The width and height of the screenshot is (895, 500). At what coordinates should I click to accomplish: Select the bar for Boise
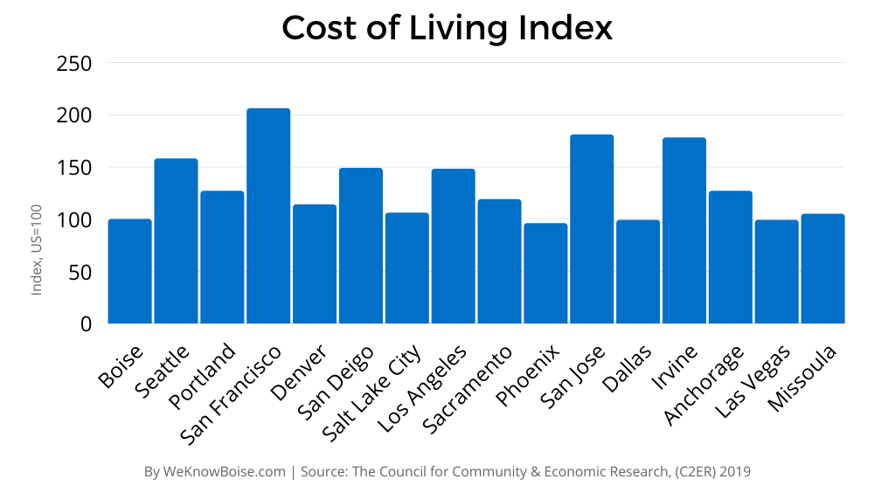click(x=130, y=271)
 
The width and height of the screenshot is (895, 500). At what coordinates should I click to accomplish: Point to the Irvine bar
click(x=684, y=231)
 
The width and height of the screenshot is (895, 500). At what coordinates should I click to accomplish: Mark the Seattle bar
click(x=177, y=240)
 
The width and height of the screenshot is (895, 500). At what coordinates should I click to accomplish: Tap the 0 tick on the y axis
click(x=85, y=324)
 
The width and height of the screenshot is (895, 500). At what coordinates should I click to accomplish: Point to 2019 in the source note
click(x=734, y=472)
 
